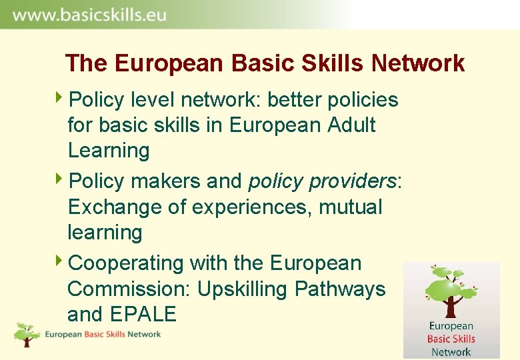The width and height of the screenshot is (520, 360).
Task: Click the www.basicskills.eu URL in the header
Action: (x=89, y=15)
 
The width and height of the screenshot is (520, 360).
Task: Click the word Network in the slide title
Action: (x=418, y=63)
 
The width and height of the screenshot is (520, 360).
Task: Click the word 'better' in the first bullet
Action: (x=296, y=100)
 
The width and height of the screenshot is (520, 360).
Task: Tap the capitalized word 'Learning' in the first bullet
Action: (x=109, y=151)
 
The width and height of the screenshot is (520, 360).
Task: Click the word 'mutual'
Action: (x=351, y=207)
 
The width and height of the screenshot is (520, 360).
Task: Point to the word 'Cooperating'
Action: (x=126, y=264)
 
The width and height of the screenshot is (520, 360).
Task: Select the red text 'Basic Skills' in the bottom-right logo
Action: (x=451, y=339)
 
